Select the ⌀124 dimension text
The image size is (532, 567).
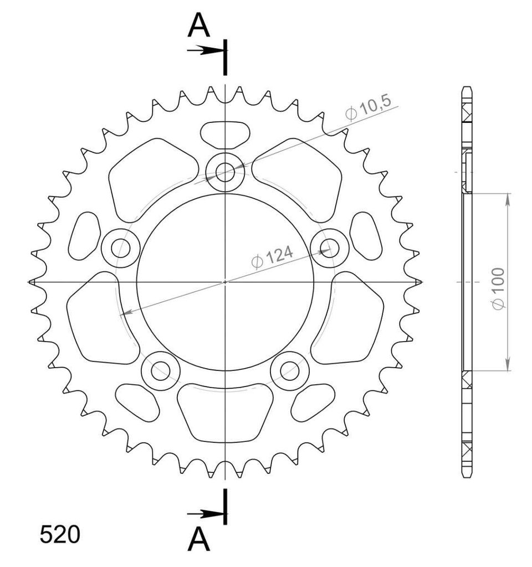pos(272,257)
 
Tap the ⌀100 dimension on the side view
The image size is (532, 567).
pos(498,289)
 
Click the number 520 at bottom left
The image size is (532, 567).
pos(60,534)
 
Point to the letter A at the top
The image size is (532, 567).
pos(199,26)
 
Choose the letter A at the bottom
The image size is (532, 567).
pos(199,539)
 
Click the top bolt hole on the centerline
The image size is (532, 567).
pos(225,172)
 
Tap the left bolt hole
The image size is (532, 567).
pos(120,248)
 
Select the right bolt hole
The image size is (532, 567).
pos(330,248)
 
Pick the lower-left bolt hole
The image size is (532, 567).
pos(161,370)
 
